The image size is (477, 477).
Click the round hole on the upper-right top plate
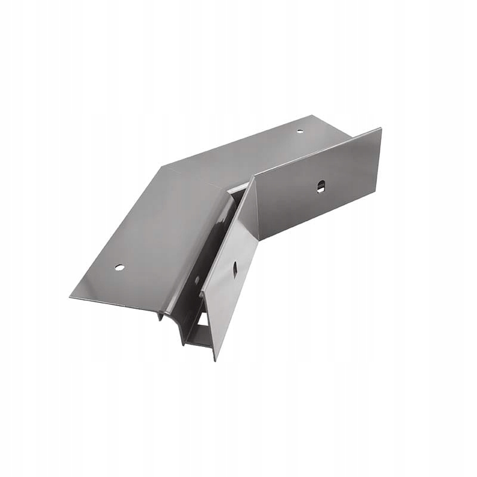click(x=300, y=131)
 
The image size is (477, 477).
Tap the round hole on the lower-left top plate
click(x=119, y=267)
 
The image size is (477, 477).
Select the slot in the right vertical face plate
click(x=321, y=186)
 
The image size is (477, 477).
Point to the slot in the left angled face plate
click(x=235, y=269)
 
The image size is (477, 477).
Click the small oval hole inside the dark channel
click(x=197, y=280)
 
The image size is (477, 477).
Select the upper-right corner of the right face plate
click(x=380, y=129)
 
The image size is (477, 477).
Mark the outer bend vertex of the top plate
click(x=162, y=166)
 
